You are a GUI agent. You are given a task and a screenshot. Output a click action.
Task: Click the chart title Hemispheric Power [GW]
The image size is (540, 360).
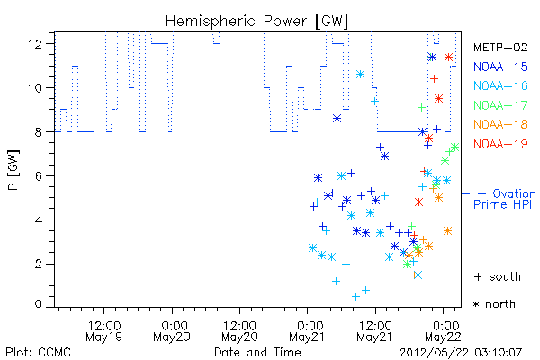256,22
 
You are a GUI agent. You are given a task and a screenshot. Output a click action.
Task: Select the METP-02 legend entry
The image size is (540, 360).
500,47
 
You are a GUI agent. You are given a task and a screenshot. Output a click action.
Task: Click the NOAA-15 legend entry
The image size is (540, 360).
500,67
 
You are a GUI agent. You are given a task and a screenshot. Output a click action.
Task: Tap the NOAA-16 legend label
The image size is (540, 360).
500,85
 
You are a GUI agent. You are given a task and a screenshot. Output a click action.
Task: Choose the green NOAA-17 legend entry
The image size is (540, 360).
500,105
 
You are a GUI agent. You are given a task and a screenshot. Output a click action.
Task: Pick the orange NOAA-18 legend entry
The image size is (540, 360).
500,124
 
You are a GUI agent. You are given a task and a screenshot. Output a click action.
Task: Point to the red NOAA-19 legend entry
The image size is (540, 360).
500,144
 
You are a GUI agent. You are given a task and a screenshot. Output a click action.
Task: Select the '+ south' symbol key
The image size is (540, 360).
498,276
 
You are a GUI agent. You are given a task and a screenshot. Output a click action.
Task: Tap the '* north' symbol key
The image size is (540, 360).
494,304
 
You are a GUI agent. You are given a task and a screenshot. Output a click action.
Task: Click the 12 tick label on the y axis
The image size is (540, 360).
35,44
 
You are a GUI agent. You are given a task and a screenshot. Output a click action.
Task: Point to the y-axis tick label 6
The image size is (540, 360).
39,176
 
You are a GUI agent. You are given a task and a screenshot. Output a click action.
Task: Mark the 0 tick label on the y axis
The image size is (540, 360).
39,304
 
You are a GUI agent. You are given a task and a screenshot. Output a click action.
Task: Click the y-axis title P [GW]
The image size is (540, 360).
13,170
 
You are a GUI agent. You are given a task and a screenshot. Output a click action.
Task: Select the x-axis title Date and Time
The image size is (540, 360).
257,353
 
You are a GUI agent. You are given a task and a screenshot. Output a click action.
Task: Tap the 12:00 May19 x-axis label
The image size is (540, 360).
104,331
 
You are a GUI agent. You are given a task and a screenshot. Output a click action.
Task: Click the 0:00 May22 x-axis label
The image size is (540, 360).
443,331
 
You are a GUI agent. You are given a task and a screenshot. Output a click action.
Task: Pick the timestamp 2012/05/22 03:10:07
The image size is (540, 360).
461,353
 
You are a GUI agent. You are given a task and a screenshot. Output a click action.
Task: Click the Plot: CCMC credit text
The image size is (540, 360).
38,353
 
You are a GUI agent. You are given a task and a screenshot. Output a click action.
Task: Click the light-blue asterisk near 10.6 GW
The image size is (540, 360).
360,74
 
